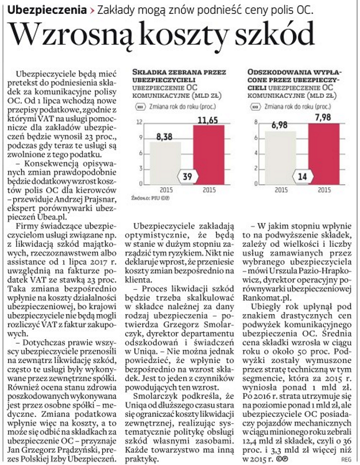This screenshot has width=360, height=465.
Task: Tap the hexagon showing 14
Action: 301,176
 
